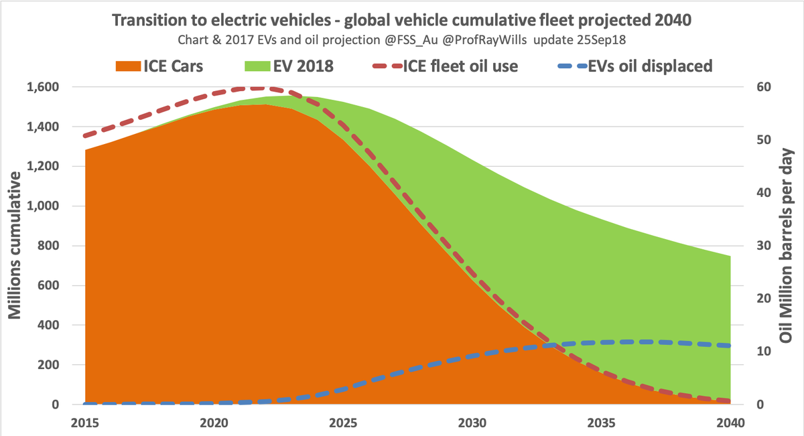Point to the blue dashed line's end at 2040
(729, 346)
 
